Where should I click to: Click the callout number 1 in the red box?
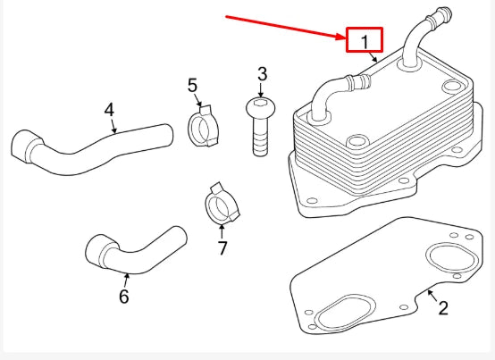[365, 41]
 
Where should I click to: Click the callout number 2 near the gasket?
[443, 308]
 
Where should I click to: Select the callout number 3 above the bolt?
[262, 73]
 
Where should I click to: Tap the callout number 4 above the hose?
[109, 110]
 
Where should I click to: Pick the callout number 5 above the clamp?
[192, 86]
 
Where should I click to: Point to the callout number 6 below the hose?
[124, 295]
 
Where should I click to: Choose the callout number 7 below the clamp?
[222, 247]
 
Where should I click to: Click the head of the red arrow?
[341, 37]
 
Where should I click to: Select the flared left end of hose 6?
[98, 249]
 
